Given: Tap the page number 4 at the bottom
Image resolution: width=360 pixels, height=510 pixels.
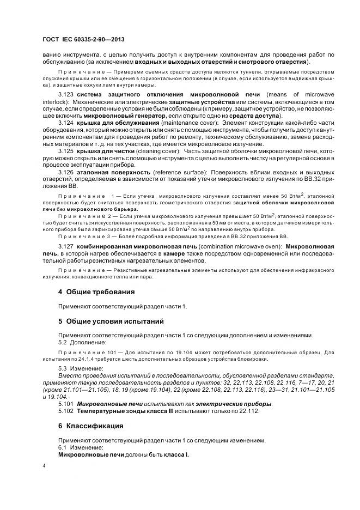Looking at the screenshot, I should click(x=44, y=466).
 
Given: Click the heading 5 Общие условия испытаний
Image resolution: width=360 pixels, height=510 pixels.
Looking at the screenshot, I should click(x=111, y=321).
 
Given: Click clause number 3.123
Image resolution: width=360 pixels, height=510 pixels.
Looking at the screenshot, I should click(x=66, y=95).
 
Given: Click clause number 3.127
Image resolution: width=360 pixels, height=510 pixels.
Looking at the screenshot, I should click(x=66, y=247).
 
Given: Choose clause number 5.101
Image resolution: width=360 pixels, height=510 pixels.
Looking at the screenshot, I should click(x=66, y=404).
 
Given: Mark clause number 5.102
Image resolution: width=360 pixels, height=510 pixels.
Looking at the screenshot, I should click(x=66, y=411).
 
